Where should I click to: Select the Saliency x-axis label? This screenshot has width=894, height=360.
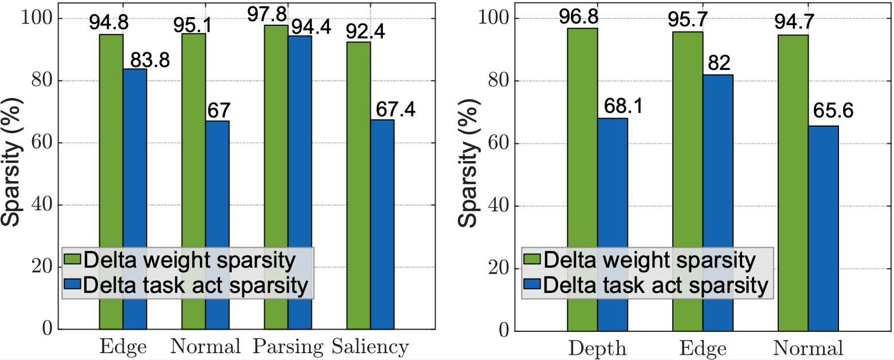click(371, 347)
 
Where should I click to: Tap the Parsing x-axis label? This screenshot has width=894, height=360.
click(289, 347)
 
